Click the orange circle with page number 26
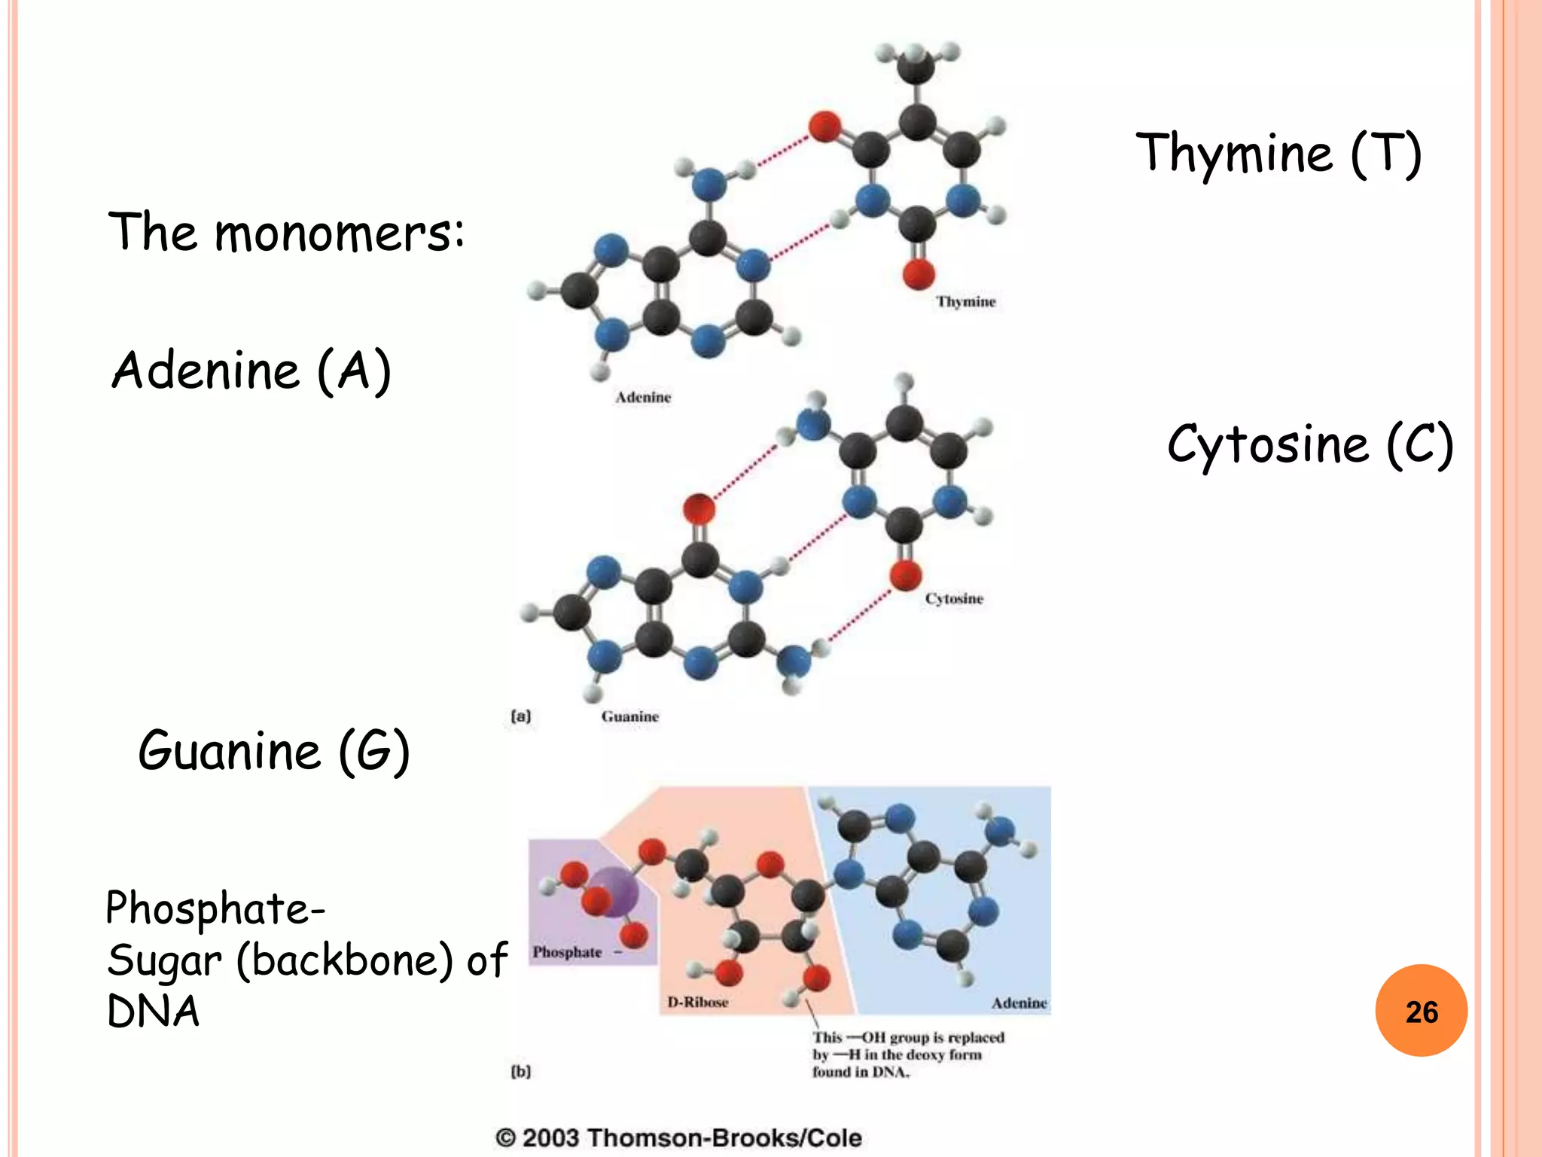(x=1421, y=1011)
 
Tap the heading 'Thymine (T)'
(x=1278, y=154)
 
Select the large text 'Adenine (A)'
(x=251, y=371)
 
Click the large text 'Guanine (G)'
(x=274, y=751)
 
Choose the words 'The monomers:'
(x=286, y=232)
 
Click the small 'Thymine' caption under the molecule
(x=966, y=302)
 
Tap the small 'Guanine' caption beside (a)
(x=630, y=717)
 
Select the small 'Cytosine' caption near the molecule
(x=954, y=599)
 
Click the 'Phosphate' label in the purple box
(x=568, y=952)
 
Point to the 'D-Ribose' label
(x=698, y=1003)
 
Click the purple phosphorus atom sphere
(x=614, y=891)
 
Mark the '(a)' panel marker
(x=521, y=716)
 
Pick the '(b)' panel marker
(x=521, y=1071)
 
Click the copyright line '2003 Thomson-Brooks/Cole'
(x=678, y=1137)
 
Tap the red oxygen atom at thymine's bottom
(x=919, y=273)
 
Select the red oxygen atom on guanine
(x=699, y=509)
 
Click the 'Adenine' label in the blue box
(x=1019, y=1003)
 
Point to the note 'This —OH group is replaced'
(x=908, y=1038)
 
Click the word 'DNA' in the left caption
(x=154, y=1011)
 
